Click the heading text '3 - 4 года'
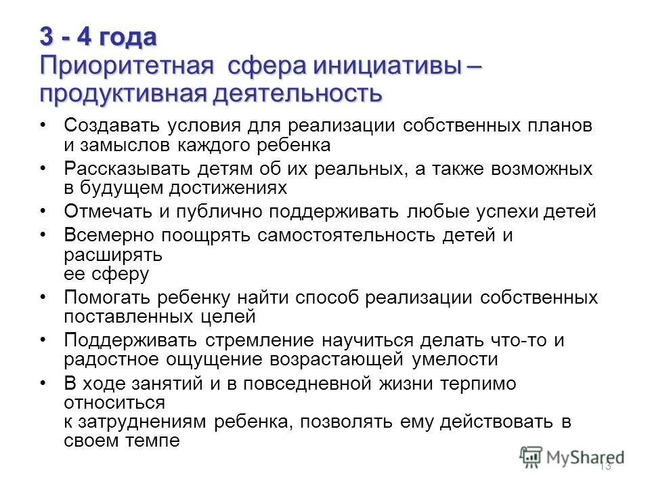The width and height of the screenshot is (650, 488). (x=97, y=37)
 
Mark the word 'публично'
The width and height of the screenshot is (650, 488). (x=218, y=211)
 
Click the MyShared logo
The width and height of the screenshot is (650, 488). (x=573, y=457)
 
